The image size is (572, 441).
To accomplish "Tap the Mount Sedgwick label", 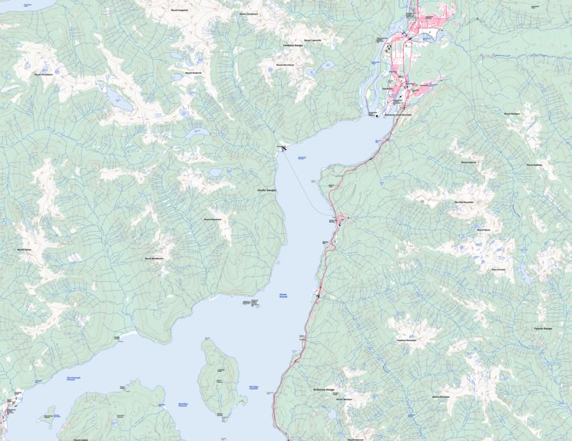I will (x=179, y=11).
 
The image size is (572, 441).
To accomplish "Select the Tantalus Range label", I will (x=294, y=45).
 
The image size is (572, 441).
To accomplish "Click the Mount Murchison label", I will (x=286, y=65).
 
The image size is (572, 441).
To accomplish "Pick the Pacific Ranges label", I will (x=266, y=189).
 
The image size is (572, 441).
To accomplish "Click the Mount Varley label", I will (x=24, y=250).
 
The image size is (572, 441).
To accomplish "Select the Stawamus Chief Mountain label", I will (x=397, y=114).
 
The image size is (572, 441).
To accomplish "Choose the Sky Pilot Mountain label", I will (x=464, y=202).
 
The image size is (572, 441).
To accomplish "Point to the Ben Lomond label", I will (x=498, y=269).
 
